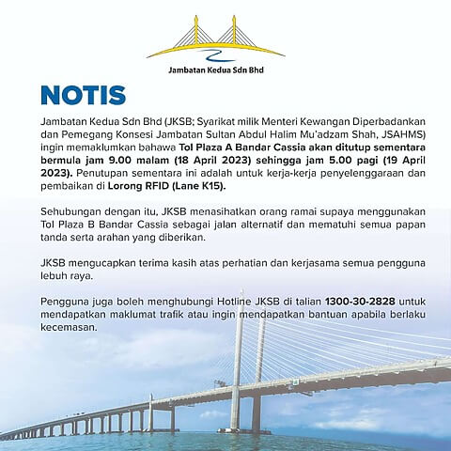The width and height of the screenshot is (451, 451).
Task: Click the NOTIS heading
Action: pos(83,97)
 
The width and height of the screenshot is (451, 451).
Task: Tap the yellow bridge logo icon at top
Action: pos(226,37)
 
